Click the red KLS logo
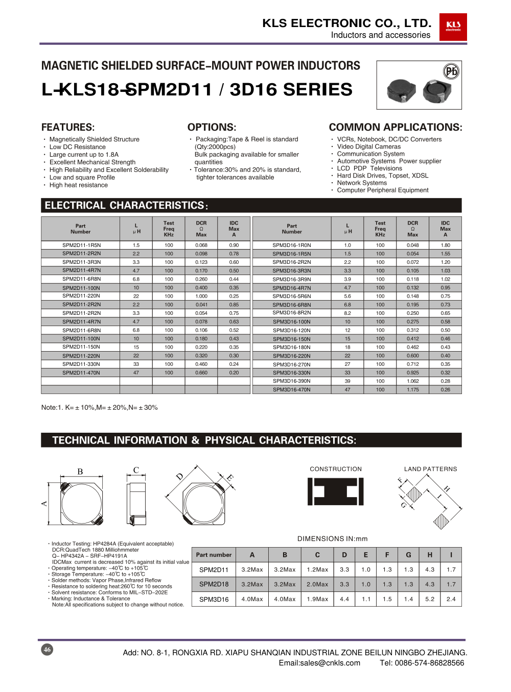tap(453, 27)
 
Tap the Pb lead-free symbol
tap(451, 71)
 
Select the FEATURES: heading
tap(68, 127)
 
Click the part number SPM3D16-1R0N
tap(291, 245)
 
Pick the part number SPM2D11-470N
tap(81, 373)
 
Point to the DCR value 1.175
tap(412, 389)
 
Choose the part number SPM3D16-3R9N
tap(291, 279)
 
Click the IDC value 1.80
tap(445, 245)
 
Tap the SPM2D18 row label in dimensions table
tap(214, 584)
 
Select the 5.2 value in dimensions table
tap(430, 599)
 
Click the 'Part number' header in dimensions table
tap(214, 555)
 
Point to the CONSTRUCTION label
tap(335, 469)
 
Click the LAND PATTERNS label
tap(430, 469)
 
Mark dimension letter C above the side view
tap(136, 470)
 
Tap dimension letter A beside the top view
tap(44, 503)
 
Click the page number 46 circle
tap(47, 649)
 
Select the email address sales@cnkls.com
tap(319, 663)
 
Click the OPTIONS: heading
tap(212, 127)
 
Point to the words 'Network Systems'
tap(362, 183)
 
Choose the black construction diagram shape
tap(335, 491)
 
